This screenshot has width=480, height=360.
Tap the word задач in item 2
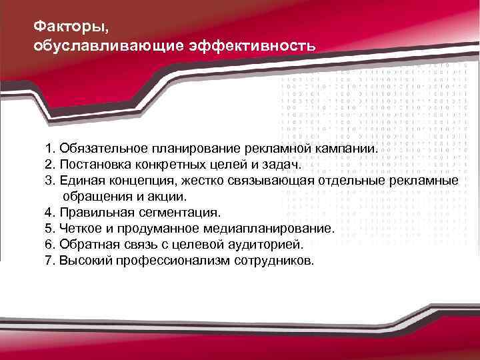click(x=283, y=164)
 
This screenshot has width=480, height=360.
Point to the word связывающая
click(x=257, y=181)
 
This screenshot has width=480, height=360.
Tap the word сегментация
click(x=178, y=213)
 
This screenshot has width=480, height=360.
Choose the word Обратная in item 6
click(x=88, y=245)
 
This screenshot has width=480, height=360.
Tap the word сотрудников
click(x=273, y=261)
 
